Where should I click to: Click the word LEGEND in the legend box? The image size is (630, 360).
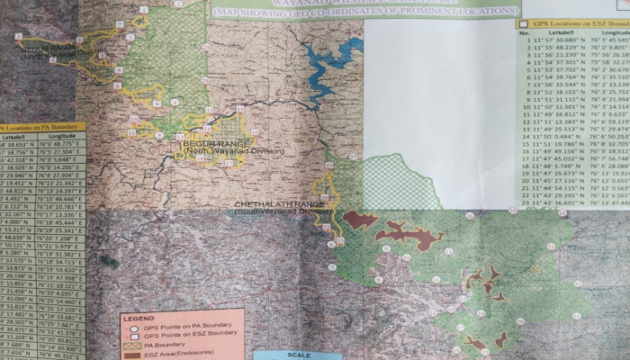139,318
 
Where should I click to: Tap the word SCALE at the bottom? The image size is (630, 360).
297,355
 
